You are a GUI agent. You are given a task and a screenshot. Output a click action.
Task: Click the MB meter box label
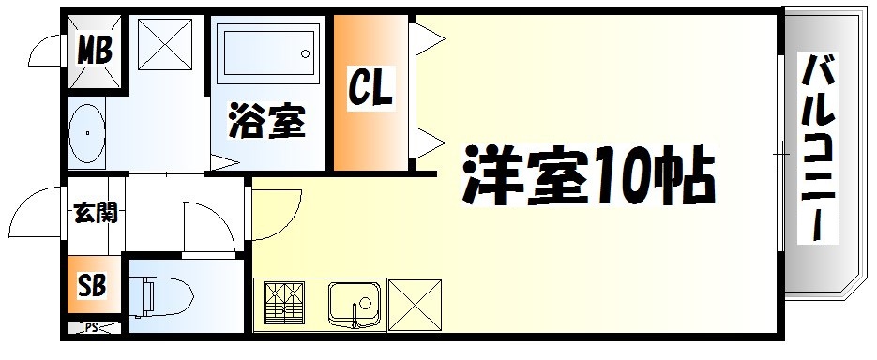94,49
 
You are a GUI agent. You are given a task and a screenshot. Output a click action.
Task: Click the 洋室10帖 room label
588,175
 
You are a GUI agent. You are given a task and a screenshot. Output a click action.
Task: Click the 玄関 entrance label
95,214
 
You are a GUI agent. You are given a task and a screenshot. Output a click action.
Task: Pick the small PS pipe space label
92,327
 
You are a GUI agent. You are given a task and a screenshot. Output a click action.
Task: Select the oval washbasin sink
86,133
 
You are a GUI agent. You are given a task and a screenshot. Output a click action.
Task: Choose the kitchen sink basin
355,304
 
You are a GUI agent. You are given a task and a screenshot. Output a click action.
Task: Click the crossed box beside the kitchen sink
412,306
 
